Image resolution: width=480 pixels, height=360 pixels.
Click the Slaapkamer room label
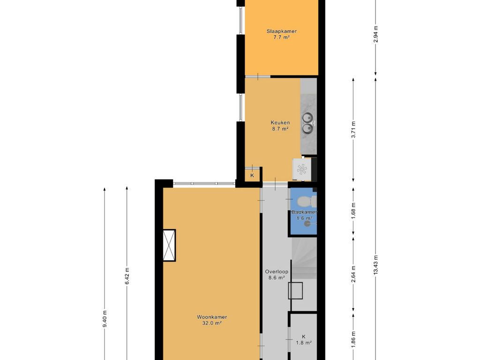281,31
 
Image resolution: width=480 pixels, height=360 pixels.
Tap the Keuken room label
280,123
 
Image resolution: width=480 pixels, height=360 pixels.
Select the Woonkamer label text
212,317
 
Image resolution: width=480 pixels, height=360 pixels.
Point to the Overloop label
277,271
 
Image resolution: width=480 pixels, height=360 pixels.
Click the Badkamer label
304,212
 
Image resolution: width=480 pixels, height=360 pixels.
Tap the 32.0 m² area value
212,323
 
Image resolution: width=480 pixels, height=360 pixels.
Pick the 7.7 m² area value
281,37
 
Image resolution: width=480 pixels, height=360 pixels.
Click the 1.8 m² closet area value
304,343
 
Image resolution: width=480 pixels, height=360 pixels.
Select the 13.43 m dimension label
375,265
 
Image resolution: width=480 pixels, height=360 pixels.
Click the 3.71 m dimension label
353,129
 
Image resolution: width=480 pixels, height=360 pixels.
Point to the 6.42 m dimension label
127,276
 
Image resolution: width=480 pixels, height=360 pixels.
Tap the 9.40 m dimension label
105,319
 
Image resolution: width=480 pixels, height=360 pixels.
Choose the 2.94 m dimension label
375,34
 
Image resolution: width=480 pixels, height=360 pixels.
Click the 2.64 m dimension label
353,277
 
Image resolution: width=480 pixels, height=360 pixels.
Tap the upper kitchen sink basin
307,118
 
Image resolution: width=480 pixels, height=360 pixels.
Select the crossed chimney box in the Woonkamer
169,245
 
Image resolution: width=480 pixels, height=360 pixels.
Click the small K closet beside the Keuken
252,175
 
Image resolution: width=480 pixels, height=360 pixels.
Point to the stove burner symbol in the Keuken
301,169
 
